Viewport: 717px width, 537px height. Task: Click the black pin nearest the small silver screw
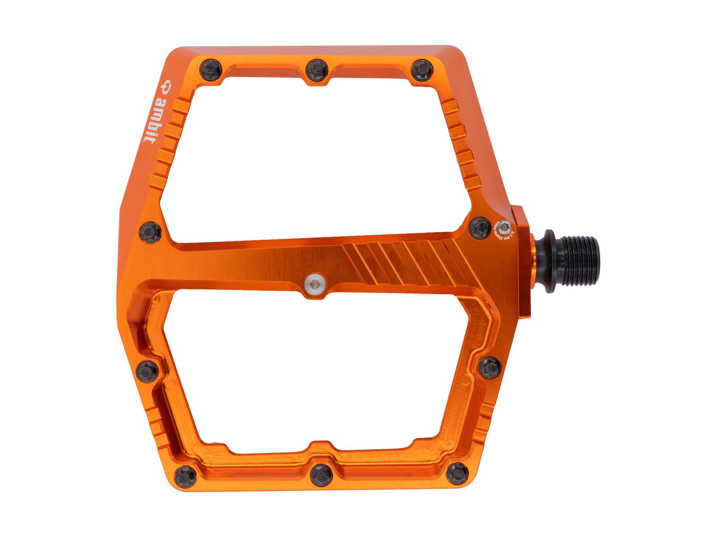click(x=480, y=227)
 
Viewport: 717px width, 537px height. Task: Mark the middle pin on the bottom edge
click(x=321, y=475)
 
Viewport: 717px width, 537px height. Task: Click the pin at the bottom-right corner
click(x=457, y=473)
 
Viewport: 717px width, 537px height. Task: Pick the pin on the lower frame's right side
click(x=490, y=367)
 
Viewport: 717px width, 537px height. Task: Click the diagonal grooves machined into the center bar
click(x=408, y=264)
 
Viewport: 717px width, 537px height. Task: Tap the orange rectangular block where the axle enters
click(x=523, y=264)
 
